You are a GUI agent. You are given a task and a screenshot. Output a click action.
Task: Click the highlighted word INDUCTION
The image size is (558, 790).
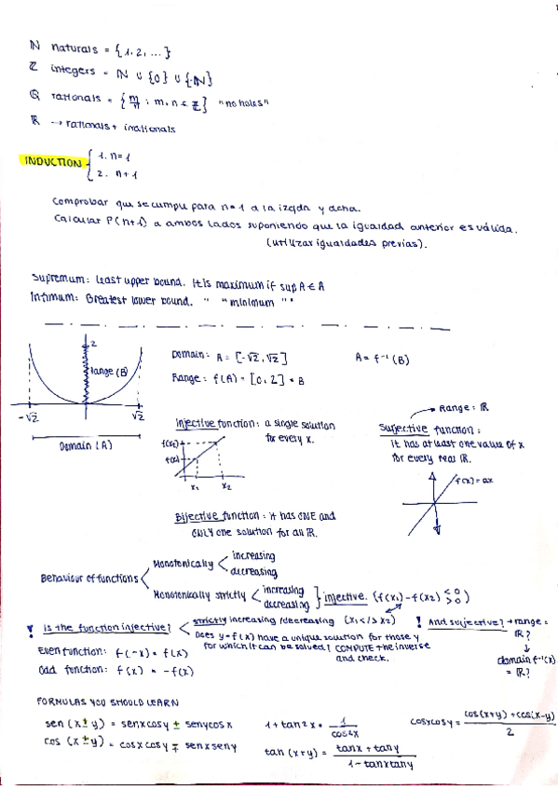coord(51,162)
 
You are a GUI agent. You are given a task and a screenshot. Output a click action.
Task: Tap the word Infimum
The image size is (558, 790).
coord(53,301)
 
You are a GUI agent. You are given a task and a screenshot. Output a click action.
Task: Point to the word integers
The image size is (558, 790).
coord(72,71)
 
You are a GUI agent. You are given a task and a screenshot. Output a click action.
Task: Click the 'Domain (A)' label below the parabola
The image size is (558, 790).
coord(85,446)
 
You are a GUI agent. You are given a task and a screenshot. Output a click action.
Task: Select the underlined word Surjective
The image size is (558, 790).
coord(403,429)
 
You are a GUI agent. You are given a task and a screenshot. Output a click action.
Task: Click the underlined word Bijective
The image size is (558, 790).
coord(197,517)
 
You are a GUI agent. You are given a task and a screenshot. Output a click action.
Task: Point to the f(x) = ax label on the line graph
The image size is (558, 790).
coord(476,481)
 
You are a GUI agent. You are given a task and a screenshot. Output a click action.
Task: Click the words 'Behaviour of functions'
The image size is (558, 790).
coord(89,577)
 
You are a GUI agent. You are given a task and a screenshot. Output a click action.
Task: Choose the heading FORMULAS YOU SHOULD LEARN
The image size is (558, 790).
coord(113,701)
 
